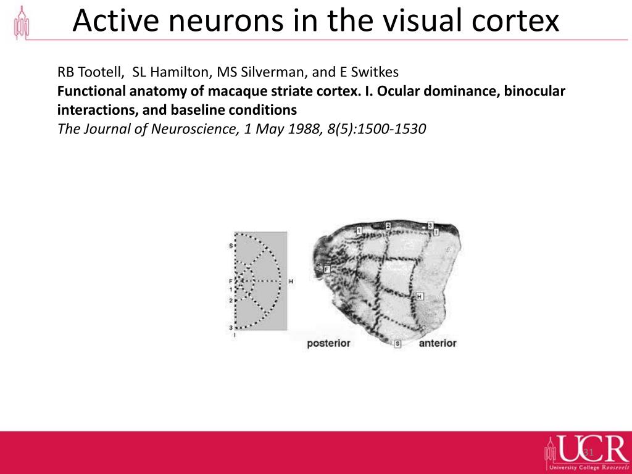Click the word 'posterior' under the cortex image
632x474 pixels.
[x=328, y=343]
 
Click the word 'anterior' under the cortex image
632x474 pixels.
[x=438, y=343]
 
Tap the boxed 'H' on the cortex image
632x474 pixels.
[x=420, y=297]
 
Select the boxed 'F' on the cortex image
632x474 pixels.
[x=326, y=269]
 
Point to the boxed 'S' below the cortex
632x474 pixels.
[x=397, y=343]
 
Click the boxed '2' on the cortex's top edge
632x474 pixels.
[x=388, y=226]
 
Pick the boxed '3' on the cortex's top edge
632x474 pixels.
[x=430, y=225]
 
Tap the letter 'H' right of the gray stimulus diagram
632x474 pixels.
[x=291, y=281]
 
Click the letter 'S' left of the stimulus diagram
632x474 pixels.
[x=231, y=246]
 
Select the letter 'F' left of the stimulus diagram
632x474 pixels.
[x=231, y=281]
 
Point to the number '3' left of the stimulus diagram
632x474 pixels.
[x=231, y=327]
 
